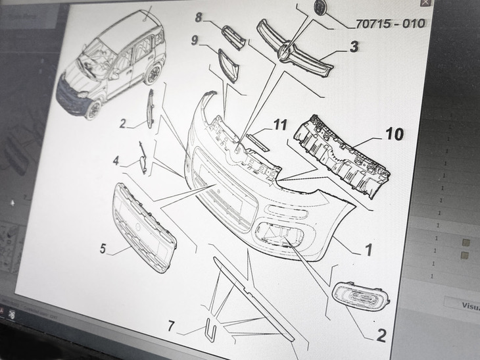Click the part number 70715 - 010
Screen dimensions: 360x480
tap(391, 24)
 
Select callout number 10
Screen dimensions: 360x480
tap(394, 134)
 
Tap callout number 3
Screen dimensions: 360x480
tap(354, 47)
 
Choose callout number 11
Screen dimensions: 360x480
tap(281, 124)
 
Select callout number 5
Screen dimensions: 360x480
tap(103, 249)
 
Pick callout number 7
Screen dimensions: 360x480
tap(171, 325)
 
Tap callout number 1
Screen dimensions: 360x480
tap(368, 249)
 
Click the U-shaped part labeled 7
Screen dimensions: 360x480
tap(210, 330)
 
